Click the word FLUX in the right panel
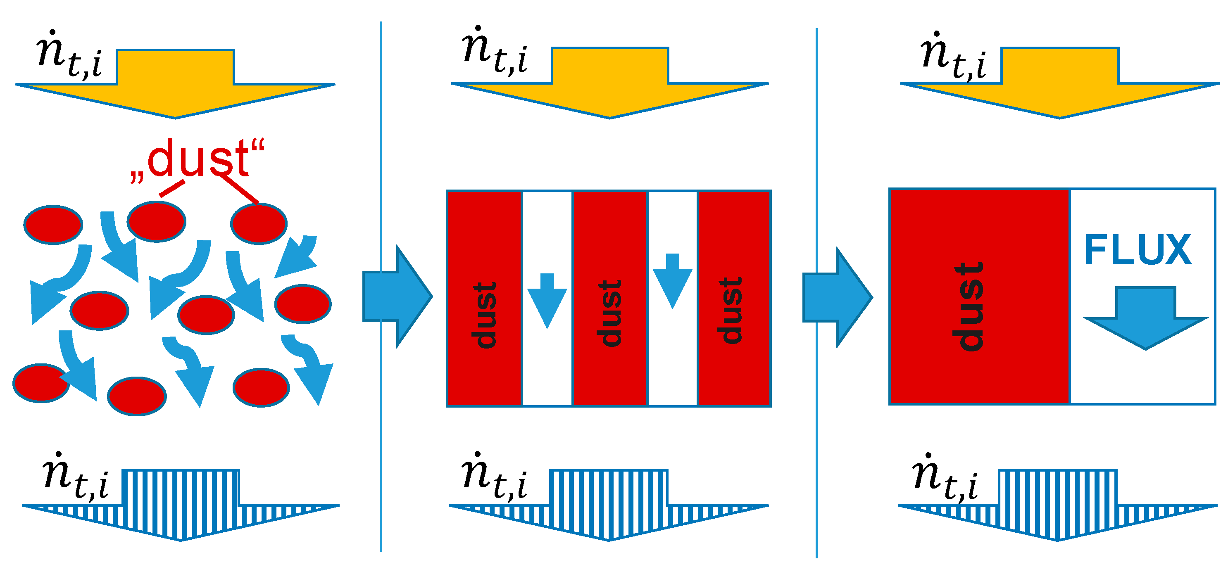pyautogui.click(x=1138, y=250)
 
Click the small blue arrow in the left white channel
pyautogui.click(x=547, y=300)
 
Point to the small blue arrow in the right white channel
pyautogui.click(x=672, y=281)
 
